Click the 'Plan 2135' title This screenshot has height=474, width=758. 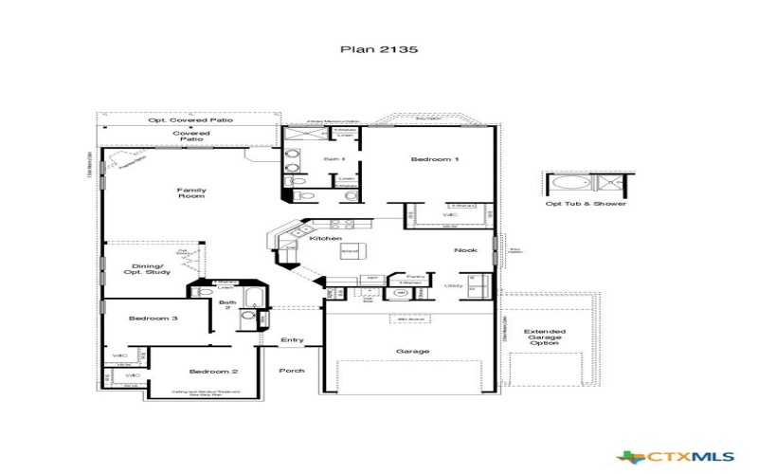click(378, 47)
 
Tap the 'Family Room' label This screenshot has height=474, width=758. click(191, 192)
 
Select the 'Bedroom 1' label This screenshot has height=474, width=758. click(434, 159)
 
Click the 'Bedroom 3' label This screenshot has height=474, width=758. click(153, 319)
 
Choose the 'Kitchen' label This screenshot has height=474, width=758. click(326, 238)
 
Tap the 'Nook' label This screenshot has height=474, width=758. click(466, 250)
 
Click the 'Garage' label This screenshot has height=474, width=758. click(412, 351)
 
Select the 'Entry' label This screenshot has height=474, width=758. click(292, 340)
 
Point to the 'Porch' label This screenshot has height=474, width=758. click(292, 370)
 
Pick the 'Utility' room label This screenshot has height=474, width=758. click(454, 284)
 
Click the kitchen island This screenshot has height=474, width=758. click(350, 251)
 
